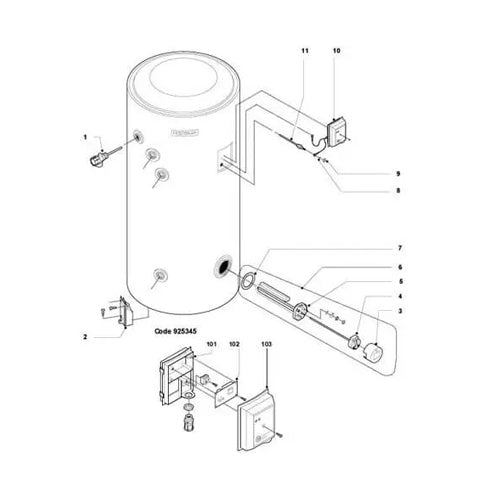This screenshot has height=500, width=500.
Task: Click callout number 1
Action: click(x=86, y=136)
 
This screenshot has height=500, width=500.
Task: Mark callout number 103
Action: click(x=265, y=344)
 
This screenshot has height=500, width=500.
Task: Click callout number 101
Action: click(x=211, y=344)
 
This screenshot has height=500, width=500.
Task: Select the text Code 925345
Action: click(x=179, y=326)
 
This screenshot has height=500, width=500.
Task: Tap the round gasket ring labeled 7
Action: click(x=247, y=283)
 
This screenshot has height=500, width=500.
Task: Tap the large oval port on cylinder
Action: click(x=219, y=268)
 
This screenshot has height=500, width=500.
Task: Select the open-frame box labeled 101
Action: click(x=174, y=378)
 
